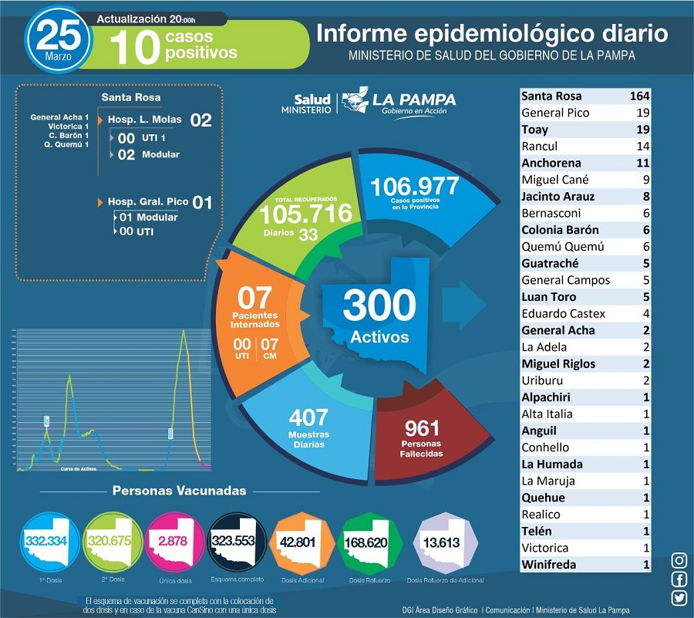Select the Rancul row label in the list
coord(540,147)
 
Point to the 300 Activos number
coord(379,306)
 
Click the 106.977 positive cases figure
coord(414,187)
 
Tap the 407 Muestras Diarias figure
coord(308,418)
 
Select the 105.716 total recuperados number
coord(305,213)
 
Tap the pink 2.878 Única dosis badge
coord(172,541)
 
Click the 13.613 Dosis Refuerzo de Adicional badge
coord(445,542)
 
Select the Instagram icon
coord(679,561)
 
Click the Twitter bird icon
coord(679,598)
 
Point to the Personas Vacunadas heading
coord(179,491)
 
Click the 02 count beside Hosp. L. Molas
coord(200,120)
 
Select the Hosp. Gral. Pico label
coord(147,202)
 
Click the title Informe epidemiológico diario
coord(492,34)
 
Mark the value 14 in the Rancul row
coord(642,147)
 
